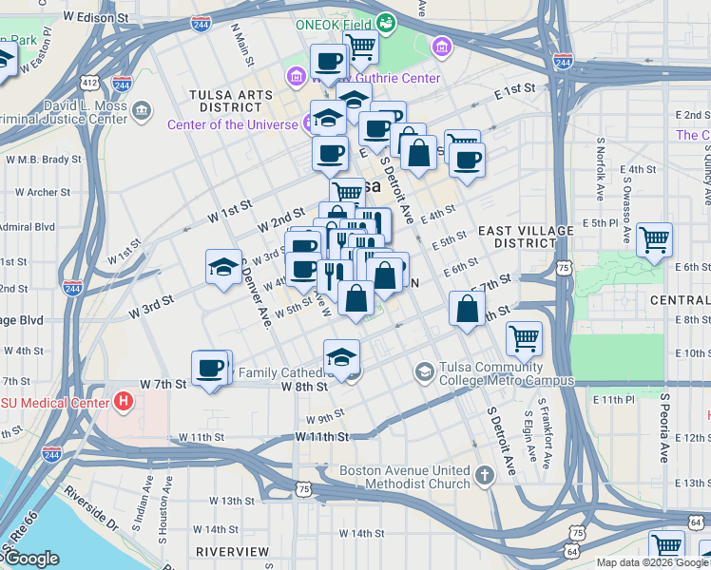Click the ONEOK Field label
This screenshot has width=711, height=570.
click(x=334, y=24)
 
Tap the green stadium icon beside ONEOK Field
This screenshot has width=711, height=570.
click(x=385, y=22)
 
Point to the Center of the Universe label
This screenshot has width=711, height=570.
click(x=233, y=124)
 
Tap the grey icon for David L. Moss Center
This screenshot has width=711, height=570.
click(x=143, y=110)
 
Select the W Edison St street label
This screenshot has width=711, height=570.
click(x=96, y=18)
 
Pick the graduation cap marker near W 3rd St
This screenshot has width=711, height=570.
click(x=223, y=266)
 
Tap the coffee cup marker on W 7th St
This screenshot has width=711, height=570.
click(x=210, y=369)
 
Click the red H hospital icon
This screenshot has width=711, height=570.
click(x=122, y=400)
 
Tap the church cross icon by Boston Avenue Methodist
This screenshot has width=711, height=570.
click(x=484, y=475)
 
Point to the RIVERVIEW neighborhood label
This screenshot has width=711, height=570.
click(x=233, y=551)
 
